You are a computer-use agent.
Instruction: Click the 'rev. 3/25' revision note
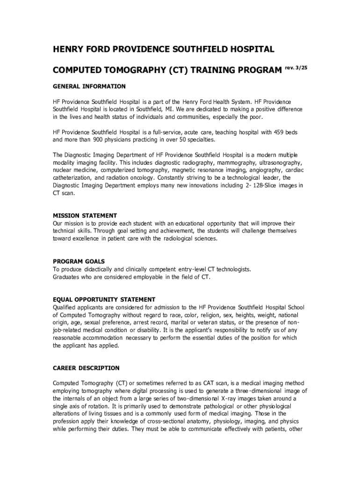click(x=296, y=68)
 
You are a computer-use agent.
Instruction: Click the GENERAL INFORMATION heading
click(x=89, y=87)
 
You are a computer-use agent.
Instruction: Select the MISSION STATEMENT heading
click(x=85, y=216)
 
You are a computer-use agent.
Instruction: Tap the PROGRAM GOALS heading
click(x=79, y=261)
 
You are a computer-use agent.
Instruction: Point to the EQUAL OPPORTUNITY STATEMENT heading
click(x=104, y=299)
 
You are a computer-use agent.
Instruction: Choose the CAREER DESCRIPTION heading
click(x=86, y=368)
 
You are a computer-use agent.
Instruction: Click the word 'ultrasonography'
click(x=280, y=163)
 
